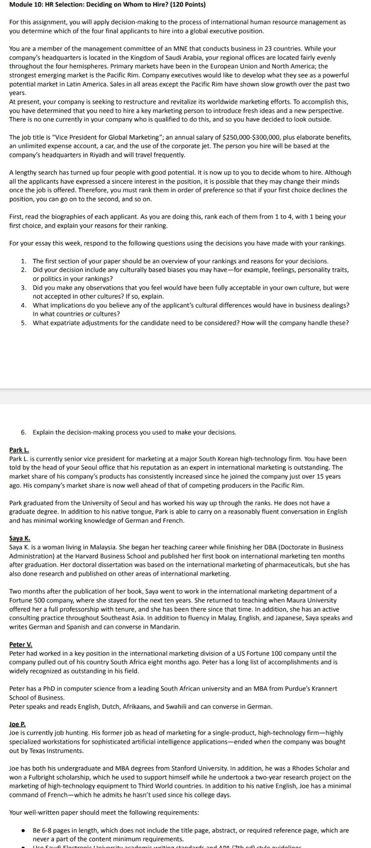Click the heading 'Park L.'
coord(19,450)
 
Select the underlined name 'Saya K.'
coord(20,538)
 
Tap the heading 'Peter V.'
coord(21,644)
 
